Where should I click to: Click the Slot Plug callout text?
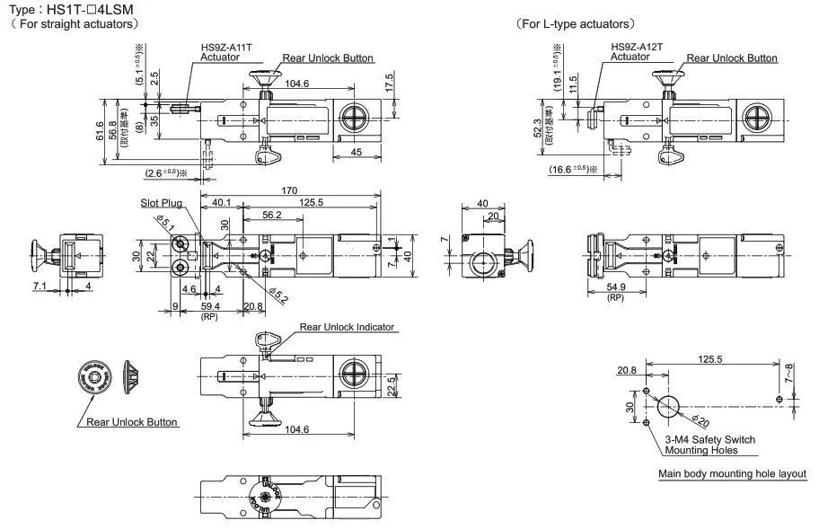coord(161,203)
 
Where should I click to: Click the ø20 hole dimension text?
coord(703,419)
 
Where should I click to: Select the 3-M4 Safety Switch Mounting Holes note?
coord(709,445)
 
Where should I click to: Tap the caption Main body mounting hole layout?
coord(732,473)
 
